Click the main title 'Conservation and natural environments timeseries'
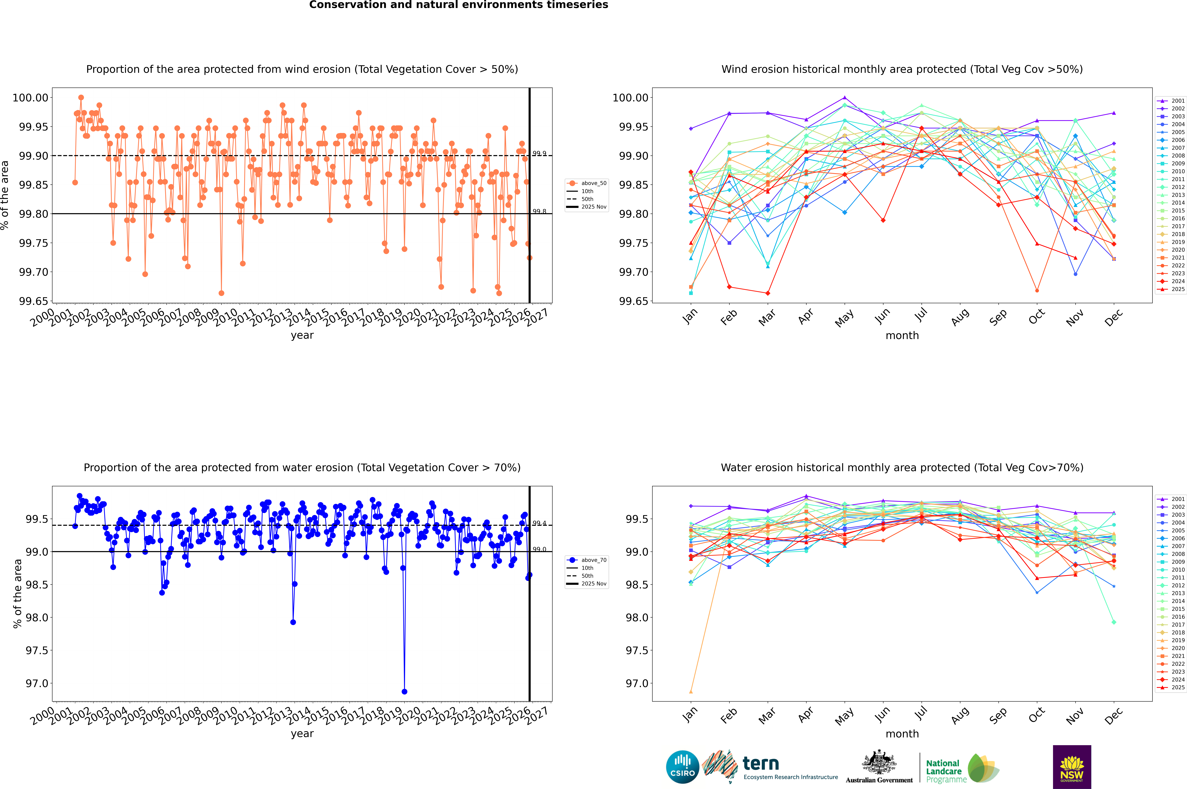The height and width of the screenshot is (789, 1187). (458, 5)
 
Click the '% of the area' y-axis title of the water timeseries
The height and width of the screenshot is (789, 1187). (18, 594)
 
